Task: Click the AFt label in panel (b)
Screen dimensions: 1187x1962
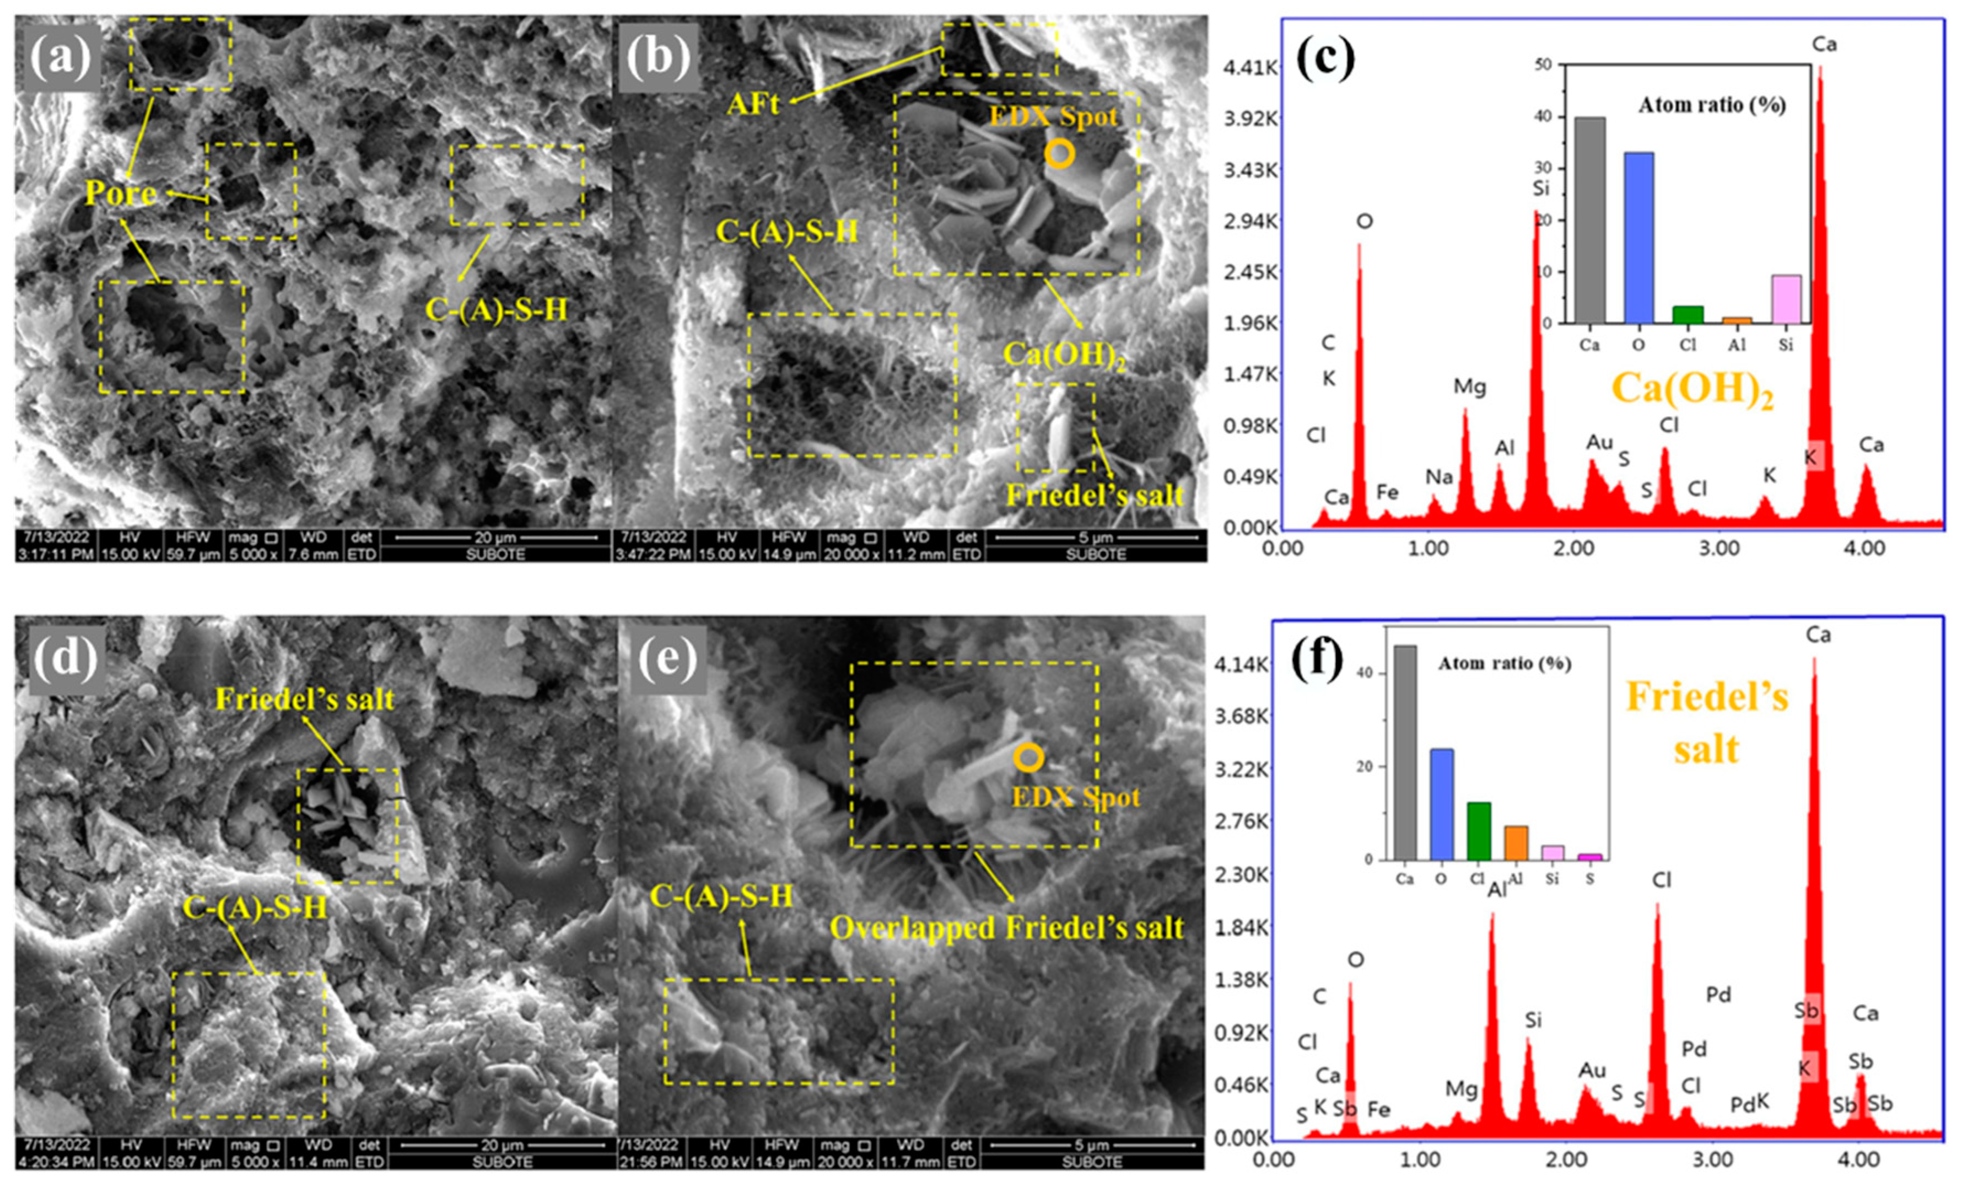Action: point(752,104)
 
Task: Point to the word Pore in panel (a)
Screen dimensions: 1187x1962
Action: point(120,193)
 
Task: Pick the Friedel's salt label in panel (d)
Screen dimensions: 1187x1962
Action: point(305,700)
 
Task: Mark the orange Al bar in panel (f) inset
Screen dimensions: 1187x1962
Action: point(1515,843)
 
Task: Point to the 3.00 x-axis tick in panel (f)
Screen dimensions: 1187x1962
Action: point(1712,1159)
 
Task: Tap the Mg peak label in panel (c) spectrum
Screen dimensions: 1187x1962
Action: point(1469,387)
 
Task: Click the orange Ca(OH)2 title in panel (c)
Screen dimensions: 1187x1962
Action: point(1692,390)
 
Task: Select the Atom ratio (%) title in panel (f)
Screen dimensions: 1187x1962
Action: point(1504,664)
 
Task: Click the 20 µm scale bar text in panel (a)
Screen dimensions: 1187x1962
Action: point(495,538)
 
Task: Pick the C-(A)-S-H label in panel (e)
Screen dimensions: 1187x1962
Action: point(721,897)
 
